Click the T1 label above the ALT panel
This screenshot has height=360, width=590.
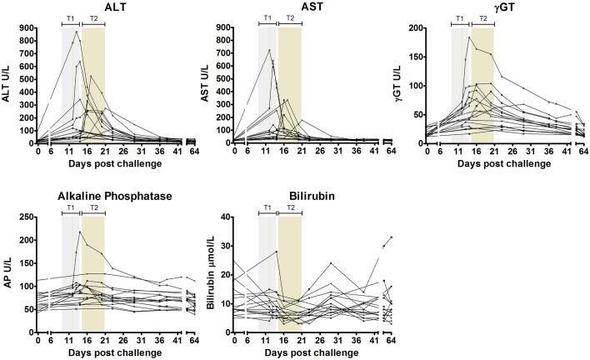click(x=70, y=17)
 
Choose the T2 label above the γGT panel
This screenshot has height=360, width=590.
click(x=482, y=17)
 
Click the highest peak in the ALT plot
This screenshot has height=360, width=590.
click(x=76, y=32)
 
